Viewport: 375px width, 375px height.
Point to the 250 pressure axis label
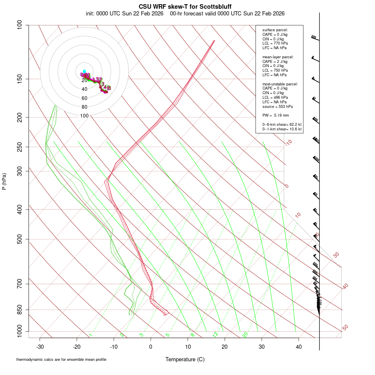20,147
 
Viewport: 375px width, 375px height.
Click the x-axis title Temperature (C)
185,359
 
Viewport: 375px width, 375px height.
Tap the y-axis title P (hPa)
4,182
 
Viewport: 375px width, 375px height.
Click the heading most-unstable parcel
280,84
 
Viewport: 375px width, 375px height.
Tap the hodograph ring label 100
85,116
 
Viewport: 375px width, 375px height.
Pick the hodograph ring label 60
85,98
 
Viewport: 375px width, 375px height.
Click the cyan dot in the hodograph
84,71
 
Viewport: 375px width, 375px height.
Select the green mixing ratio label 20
245,335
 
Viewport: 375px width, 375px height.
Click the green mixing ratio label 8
192,335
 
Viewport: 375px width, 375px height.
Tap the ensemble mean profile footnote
61,359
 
